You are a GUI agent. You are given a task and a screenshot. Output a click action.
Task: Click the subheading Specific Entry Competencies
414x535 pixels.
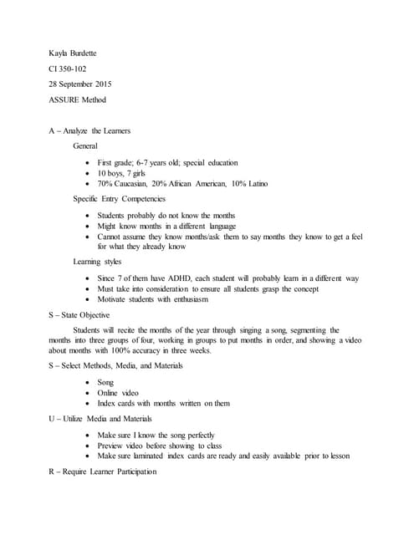tap(119, 198)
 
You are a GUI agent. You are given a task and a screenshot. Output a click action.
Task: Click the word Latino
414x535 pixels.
tap(254, 183)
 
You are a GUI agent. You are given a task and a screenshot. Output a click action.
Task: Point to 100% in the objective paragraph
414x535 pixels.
tap(152, 351)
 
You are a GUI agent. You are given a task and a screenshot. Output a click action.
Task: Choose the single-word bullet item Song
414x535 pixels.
tap(105, 381)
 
